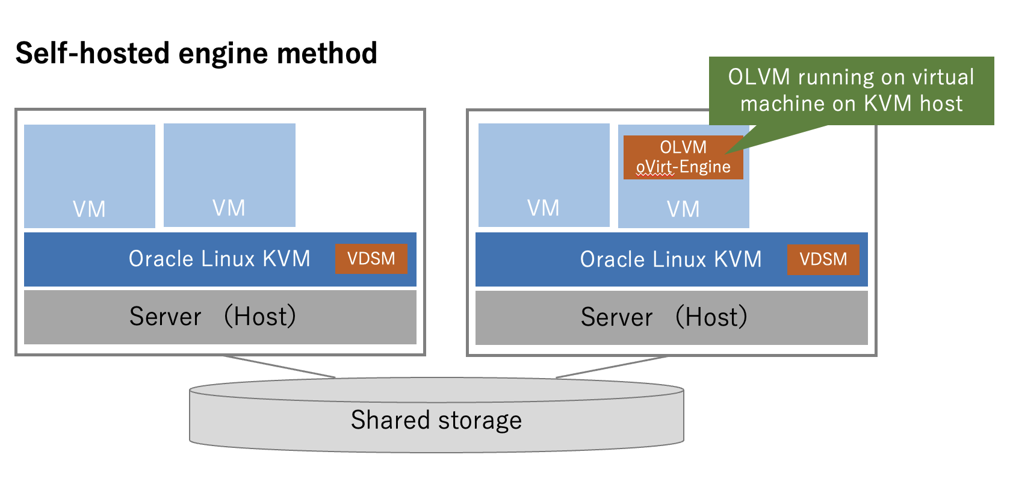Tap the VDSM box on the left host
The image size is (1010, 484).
tap(371, 259)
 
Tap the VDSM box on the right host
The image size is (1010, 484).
tap(823, 259)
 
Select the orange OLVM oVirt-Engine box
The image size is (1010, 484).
tap(683, 157)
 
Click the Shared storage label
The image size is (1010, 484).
tap(436, 420)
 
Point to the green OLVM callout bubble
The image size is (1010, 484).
tap(851, 90)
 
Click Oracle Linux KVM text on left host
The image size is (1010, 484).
tap(219, 259)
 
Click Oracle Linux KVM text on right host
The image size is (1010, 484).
tap(671, 259)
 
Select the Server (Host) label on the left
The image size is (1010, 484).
tap(213, 317)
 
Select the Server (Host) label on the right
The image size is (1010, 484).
tap(665, 317)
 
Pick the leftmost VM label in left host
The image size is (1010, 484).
tap(89, 209)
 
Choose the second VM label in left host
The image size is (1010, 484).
tap(229, 208)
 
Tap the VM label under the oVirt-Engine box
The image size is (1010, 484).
tap(683, 209)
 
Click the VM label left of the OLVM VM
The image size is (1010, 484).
tap(544, 208)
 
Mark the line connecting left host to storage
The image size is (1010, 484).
tap(279, 367)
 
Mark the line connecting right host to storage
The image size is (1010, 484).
tap(612, 367)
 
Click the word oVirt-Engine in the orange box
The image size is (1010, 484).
tap(683, 167)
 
